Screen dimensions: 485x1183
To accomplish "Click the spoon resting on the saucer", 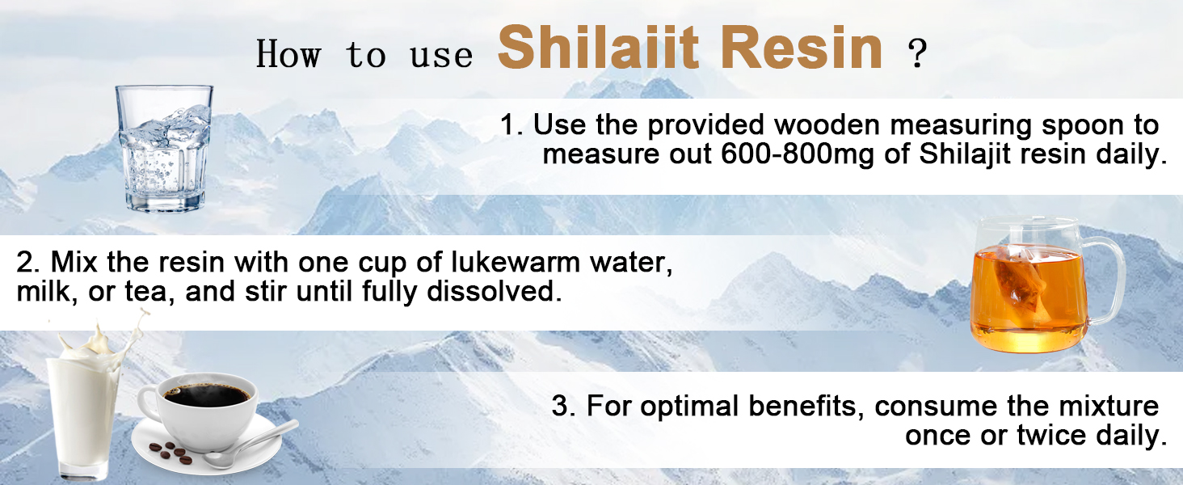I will tap(250, 445).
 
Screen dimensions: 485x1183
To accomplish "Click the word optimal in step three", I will tap(684, 406).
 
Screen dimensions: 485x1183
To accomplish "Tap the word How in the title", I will tap(288, 55).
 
